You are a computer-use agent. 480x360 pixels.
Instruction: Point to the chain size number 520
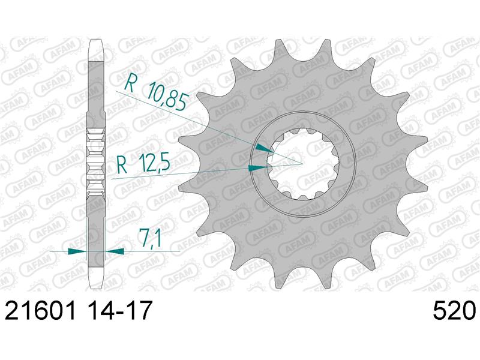click(x=454, y=310)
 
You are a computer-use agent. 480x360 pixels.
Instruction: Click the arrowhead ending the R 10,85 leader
click(x=265, y=148)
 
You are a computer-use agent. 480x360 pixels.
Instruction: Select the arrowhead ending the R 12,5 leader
click(x=257, y=168)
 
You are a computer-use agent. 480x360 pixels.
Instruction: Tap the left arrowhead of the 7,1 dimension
click(x=77, y=251)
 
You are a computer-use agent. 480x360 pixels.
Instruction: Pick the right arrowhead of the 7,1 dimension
click(x=115, y=251)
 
